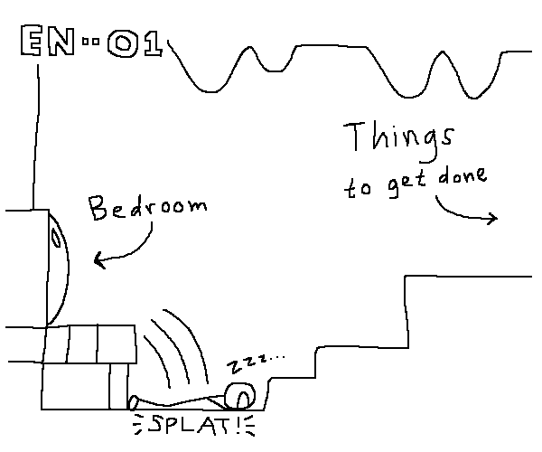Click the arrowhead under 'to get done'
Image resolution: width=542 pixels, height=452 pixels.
point(494,218)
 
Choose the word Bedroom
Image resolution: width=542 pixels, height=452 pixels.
point(146,210)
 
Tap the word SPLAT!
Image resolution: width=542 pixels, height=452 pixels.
point(190,424)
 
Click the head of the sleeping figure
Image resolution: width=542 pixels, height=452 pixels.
point(240,395)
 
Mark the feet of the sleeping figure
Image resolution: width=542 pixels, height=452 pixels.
point(135,401)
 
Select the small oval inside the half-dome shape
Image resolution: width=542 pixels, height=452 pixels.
point(56,239)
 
